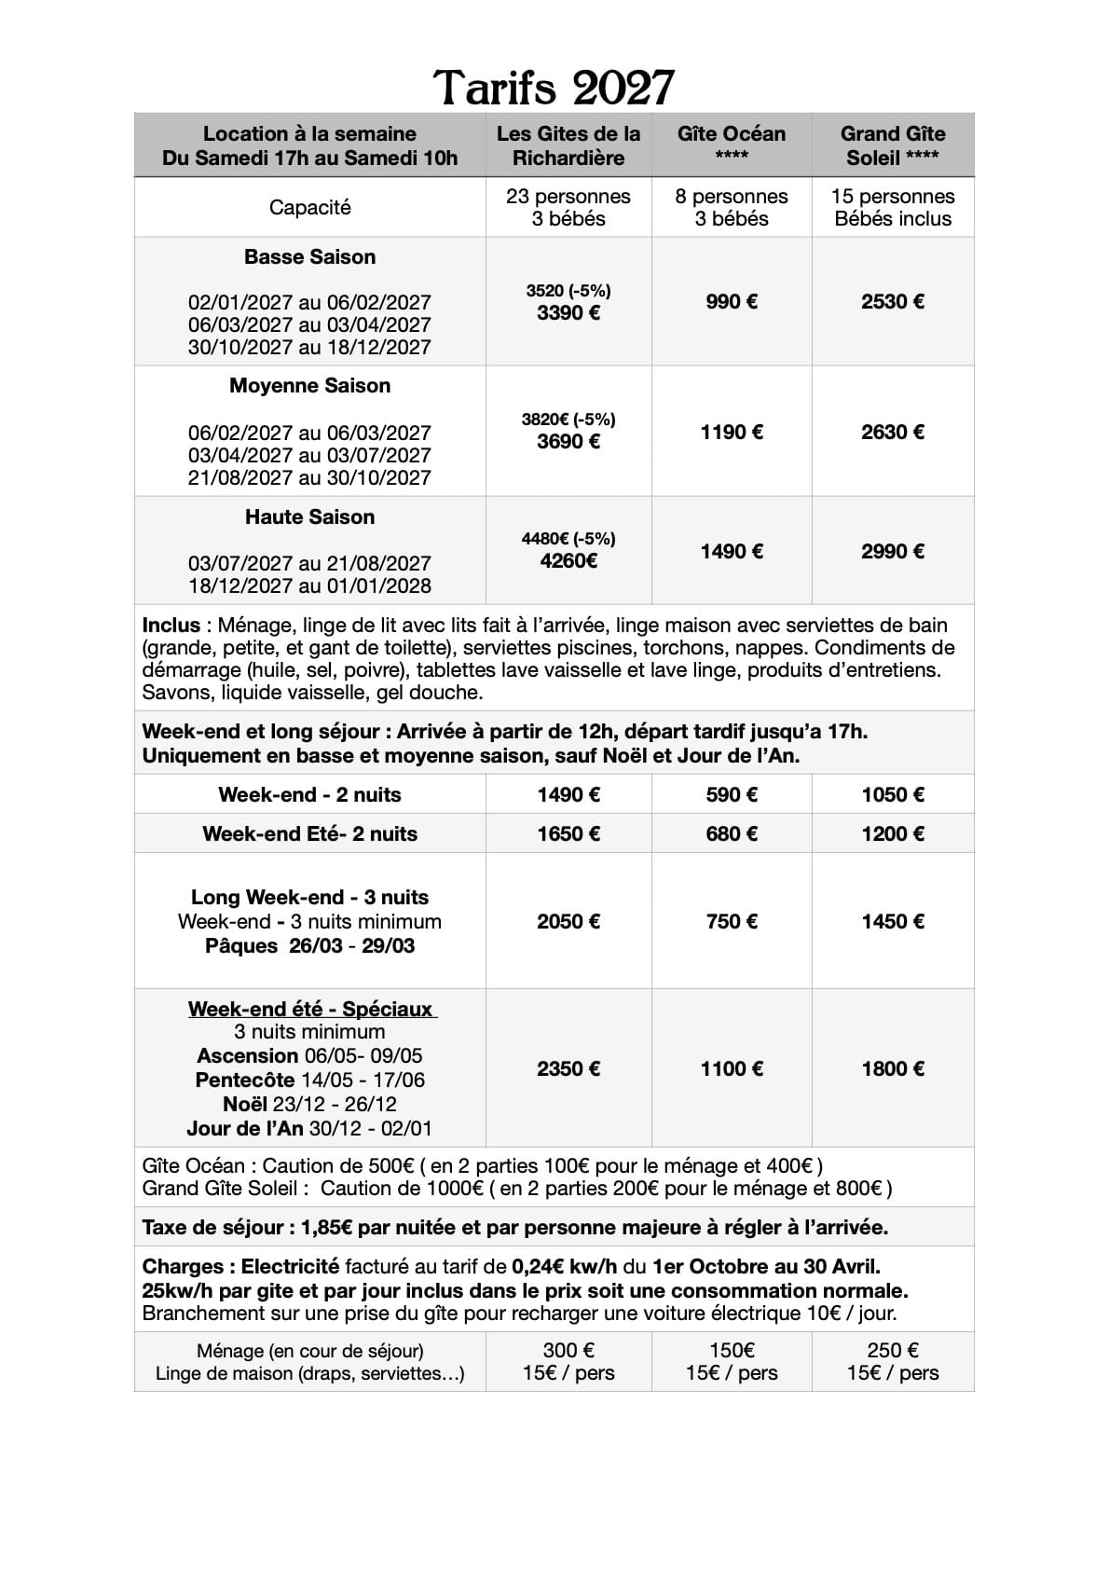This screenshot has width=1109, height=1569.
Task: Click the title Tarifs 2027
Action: coord(554,88)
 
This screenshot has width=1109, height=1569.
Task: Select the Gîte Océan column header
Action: coord(732,145)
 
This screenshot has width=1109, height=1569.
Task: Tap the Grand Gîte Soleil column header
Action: coord(893,145)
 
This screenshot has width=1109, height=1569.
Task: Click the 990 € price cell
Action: coord(732,301)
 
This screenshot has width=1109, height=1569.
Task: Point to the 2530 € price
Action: coord(893,301)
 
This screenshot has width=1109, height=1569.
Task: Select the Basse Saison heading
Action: coord(309,256)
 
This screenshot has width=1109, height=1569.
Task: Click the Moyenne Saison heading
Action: coord(309,385)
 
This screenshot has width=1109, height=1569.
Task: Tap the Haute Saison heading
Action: coord(309,516)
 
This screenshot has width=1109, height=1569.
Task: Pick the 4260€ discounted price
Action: coord(568,560)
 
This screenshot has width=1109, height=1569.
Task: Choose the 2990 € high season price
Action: coord(893,551)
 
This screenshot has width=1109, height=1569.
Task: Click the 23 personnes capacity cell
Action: coord(568,197)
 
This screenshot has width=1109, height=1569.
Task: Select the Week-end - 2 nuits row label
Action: coord(309,794)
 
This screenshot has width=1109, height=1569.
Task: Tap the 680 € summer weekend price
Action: coord(732,833)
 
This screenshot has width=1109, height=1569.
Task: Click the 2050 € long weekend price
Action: coord(568,921)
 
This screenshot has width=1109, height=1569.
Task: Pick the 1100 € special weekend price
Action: coord(732,1068)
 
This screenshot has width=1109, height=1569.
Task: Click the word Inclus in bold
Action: coord(171,625)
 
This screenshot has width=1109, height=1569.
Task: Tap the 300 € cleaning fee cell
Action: coord(568,1350)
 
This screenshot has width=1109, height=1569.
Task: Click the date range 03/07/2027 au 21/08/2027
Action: coord(309,563)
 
